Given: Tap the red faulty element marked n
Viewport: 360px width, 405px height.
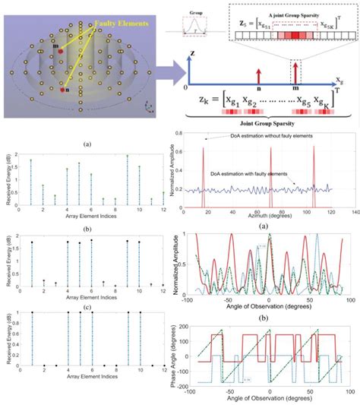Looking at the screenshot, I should [x=62, y=90].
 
